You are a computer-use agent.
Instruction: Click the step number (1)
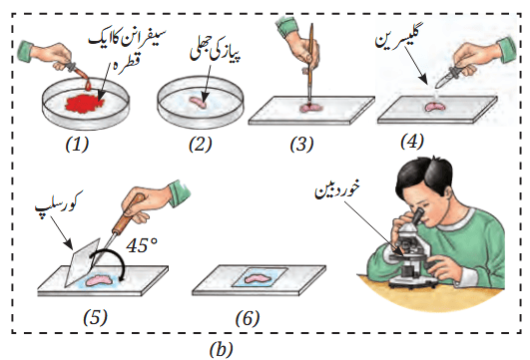[x=77, y=145]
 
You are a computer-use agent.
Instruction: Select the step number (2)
[x=200, y=145]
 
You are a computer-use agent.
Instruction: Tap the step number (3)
[x=301, y=145]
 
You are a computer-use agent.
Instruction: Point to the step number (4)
[x=411, y=142]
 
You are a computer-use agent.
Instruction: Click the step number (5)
[x=95, y=318]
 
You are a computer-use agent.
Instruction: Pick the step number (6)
[x=248, y=318]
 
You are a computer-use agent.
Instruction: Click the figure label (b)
[x=222, y=349]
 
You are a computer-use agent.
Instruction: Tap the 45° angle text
[x=142, y=245]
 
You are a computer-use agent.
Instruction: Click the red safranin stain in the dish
[x=84, y=104]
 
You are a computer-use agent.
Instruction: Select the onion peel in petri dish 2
[x=198, y=103]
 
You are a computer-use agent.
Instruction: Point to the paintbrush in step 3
[x=310, y=64]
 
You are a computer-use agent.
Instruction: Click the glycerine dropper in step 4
[x=447, y=77]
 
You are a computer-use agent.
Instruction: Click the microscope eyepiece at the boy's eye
[x=417, y=216]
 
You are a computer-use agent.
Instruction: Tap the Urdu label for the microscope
[x=337, y=190]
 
